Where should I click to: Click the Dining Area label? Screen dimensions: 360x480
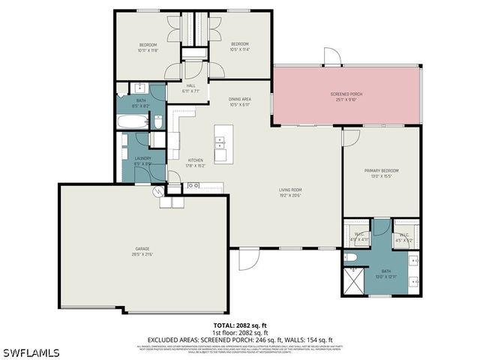tap(239, 100)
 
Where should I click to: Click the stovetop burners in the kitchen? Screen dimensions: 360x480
tap(193, 185)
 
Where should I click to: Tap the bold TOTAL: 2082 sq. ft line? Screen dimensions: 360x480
tap(240, 325)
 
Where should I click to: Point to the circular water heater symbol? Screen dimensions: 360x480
tap(159, 192)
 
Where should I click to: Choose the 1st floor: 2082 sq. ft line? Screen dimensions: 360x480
tap(240, 332)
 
